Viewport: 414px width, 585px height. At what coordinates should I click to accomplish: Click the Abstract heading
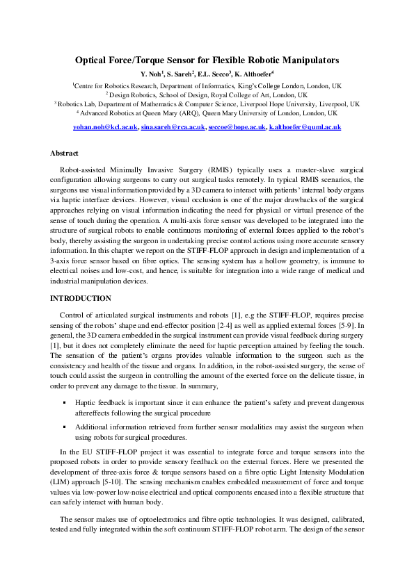click(x=64, y=152)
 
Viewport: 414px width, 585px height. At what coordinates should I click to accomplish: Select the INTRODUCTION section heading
click(x=81, y=298)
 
